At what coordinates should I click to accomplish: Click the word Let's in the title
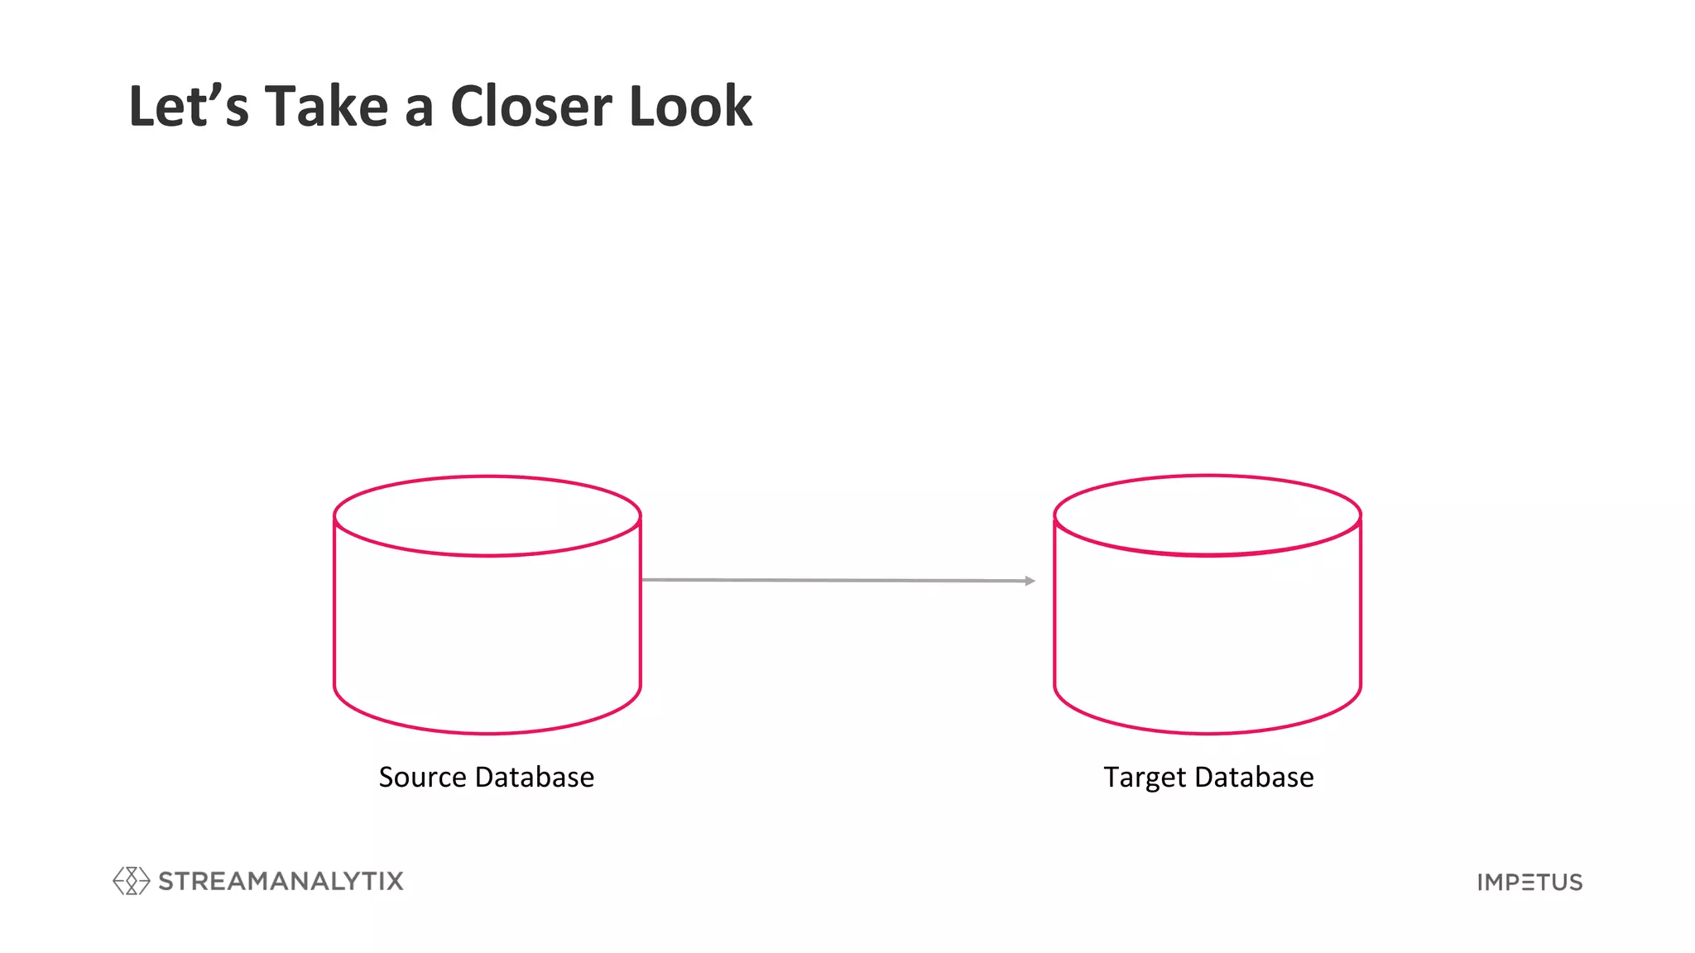point(189,107)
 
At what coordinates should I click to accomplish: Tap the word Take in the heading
point(326,107)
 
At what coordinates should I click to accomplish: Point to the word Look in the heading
point(690,107)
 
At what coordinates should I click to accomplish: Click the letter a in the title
point(419,112)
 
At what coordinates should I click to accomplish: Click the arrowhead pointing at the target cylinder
point(1030,582)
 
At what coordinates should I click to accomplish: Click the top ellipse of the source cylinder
point(487,515)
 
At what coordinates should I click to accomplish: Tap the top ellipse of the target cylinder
point(1208,515)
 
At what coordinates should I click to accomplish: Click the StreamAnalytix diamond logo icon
point(131,881)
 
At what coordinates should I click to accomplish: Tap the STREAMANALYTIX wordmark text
point(281,881)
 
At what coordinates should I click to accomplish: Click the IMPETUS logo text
point(1529,883)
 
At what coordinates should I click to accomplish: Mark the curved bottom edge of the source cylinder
point(487,733)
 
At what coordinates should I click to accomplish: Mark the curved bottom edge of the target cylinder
point(1208,733)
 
